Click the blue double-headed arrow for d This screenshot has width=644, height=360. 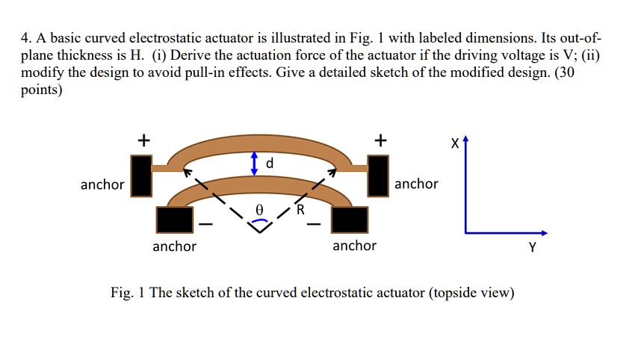tap(255, 164)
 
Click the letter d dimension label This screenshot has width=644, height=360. tap(270, 163)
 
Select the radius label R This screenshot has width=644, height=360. tap(300, 210)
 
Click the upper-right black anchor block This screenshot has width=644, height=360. tap(380, 176)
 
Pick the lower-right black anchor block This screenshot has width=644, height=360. tap(350, 219)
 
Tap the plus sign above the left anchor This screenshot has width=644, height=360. tap(142, 140)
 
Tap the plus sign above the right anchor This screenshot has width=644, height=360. tap(381, 140)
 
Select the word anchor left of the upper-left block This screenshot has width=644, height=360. tap(102, 184)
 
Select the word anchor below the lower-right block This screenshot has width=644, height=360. tap(354, 246)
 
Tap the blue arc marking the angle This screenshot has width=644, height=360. tap(258, 220)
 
